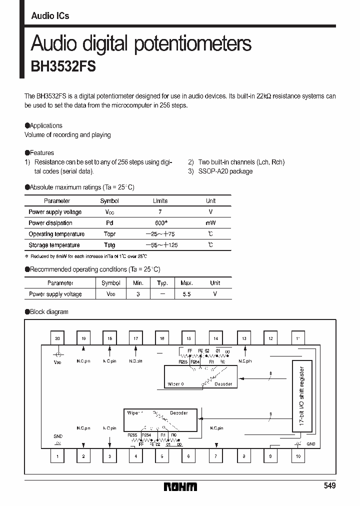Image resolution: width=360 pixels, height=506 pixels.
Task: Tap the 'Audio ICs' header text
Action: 50,16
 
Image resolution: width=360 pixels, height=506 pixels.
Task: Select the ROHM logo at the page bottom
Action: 180,486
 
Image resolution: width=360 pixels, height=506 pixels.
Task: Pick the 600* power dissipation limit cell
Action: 160,223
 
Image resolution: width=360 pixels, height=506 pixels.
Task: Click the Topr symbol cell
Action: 109,234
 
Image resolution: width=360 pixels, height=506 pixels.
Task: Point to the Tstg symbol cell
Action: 109,245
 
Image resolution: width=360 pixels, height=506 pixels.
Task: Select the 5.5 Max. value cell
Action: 186,294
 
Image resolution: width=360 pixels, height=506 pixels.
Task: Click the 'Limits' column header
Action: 160,201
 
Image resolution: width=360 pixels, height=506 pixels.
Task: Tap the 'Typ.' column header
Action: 162,283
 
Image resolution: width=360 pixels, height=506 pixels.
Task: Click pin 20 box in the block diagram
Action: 57,338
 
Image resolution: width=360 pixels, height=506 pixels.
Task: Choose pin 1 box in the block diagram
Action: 57,456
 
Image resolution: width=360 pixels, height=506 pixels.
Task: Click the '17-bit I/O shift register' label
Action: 301,396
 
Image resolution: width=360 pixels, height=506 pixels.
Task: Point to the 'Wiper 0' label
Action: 176,384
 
